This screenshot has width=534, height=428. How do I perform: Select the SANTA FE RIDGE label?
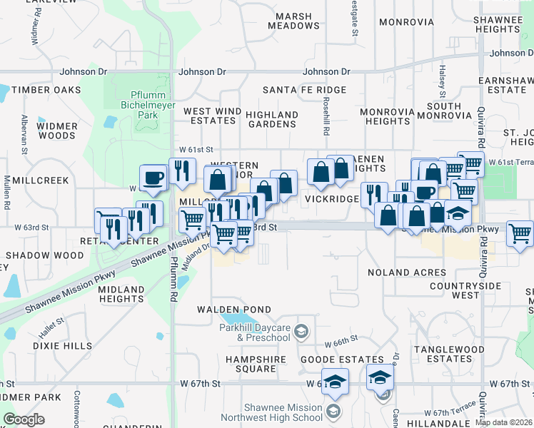(x=304, y=90)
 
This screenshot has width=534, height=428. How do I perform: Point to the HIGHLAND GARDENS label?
(x=272, y=119)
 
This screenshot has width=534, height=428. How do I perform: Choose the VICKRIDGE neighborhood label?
(x=332, y=199)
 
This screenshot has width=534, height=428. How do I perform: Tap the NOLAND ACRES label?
(x=407, y=272)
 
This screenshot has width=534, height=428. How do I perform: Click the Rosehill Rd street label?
(x=326, y=118)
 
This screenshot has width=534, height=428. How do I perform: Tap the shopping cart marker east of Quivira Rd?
(x=520, y=234)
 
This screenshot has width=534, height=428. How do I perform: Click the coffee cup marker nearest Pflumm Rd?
(x=153, y=178)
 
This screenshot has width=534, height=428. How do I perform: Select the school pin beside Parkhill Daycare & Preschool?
(x=302, y=331)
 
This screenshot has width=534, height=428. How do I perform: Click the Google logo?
(x=24, y=419)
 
